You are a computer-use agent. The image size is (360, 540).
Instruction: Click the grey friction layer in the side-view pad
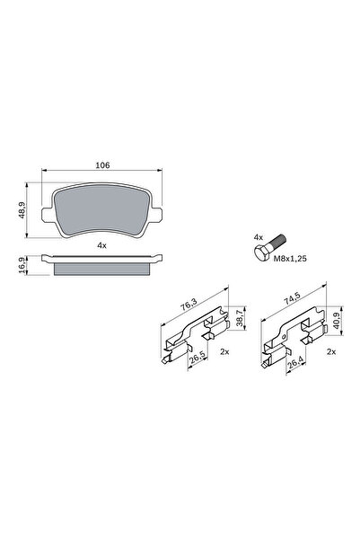pos(101,269)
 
